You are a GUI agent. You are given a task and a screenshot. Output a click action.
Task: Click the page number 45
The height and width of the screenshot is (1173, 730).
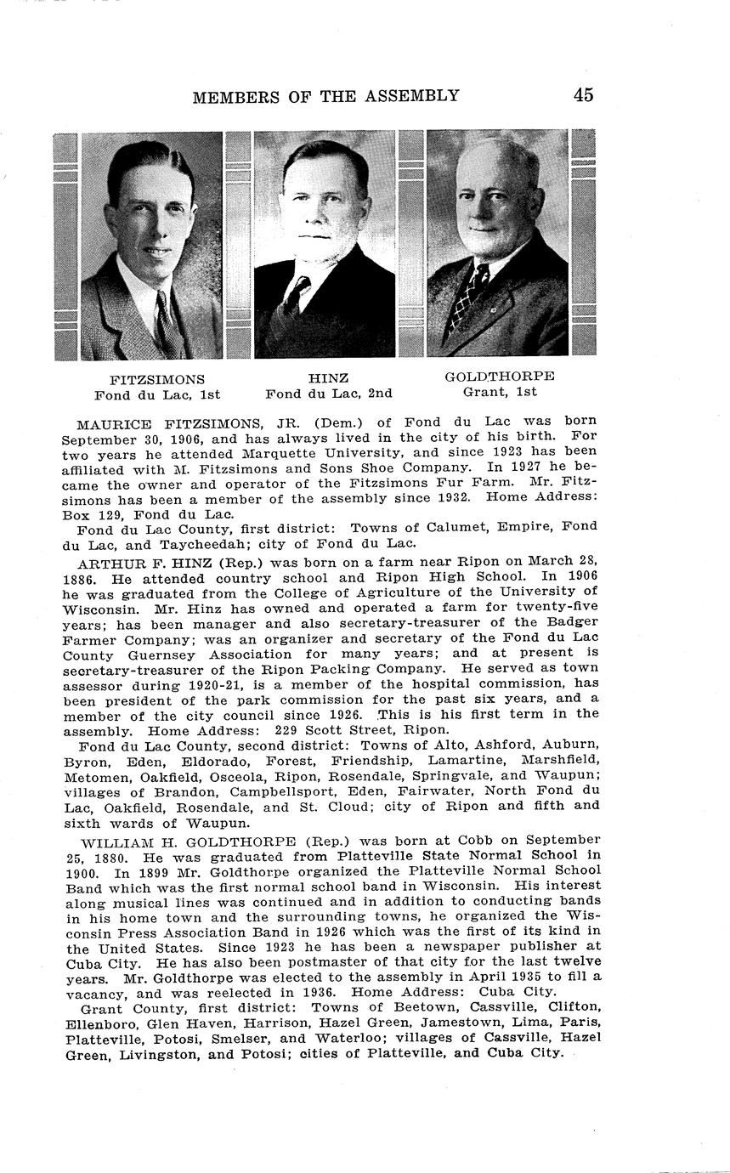[x=583, y=94]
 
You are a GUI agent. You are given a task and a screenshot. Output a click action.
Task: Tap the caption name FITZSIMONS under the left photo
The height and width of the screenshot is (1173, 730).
[x=157, y=379]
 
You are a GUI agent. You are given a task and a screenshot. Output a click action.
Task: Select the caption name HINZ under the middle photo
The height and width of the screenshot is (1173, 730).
[x=328, y=378]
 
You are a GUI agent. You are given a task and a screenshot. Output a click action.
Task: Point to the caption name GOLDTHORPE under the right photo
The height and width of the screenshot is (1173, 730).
[x=500, y=376]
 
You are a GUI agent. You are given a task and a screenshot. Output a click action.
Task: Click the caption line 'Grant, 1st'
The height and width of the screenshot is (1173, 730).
[x=500, y=392]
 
